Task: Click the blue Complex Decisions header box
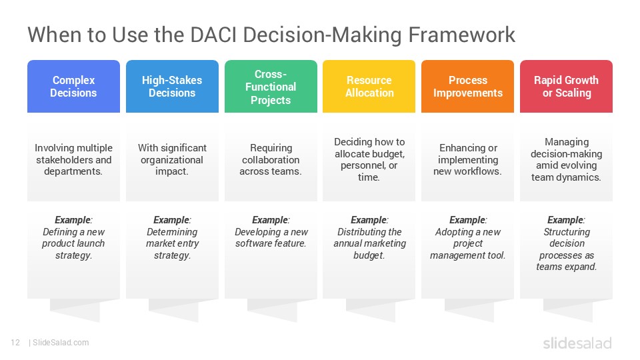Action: click(x=73, y=86)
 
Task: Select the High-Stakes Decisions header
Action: click(x=172, y=86)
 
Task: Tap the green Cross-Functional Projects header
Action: click(x=271, y=86)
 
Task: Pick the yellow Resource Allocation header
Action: click(x=369, y=86)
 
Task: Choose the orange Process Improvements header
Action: click(x=468, y=86)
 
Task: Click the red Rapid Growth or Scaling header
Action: click(x=566, y=86)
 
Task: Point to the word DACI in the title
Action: click(x=213, y=35)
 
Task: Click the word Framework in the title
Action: click(x=461, y=35)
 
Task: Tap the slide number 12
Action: click(x=15, y=343)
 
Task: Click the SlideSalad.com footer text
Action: click(x=61, y=343)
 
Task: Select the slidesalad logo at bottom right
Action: click(x=577, y=343)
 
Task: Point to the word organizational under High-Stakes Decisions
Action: click(x=172, y=160)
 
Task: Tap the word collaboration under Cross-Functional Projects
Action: click(x=271, y=159)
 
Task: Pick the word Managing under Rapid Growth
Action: click(x=567, y=142)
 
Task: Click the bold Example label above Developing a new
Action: click(x=270, y=220)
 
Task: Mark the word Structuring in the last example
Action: click(x=567, y=232)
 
